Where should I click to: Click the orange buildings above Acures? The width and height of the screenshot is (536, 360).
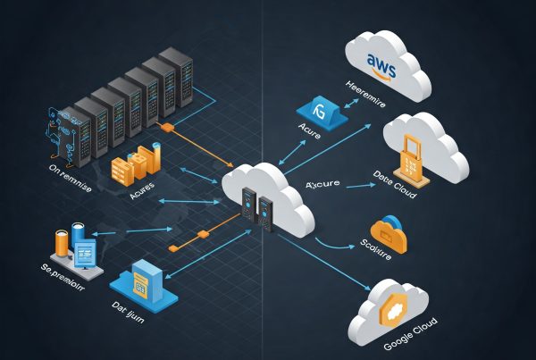[133, 166]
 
